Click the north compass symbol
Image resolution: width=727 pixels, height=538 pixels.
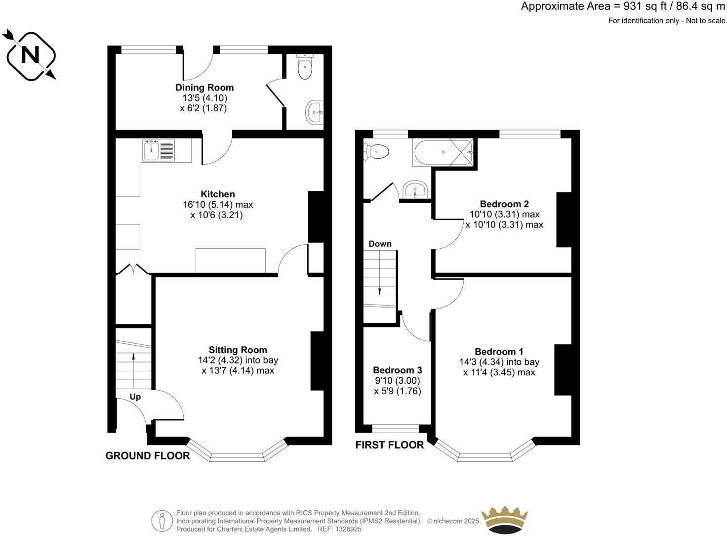tap(30, 55)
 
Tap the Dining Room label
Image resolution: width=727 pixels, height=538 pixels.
tap(204, 88)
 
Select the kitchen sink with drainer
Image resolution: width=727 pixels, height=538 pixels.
tap(159, 150)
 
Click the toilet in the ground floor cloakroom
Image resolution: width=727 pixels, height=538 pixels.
tap(305, 68)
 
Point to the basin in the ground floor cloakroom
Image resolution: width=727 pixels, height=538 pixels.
tap(314, 112)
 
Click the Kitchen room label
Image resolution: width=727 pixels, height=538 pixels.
tap(218, 194)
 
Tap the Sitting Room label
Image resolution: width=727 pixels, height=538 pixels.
tap(238, 350)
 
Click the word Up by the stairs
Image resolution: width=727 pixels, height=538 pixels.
tap(135, 397)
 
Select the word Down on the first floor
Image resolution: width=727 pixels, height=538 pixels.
tap(380, 244)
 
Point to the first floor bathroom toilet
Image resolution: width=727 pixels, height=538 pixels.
tap(376, 151)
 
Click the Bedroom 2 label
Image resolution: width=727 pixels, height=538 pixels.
tap(504, 204)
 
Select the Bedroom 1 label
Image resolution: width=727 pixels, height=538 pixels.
tap(499, 352)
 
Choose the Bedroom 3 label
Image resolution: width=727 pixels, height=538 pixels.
tap(397, 370)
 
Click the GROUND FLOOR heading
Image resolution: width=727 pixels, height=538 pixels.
tap(148, 456)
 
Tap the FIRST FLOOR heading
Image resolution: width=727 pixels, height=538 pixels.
tap(389, 445)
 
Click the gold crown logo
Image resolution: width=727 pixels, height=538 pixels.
tap(504, 520)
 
